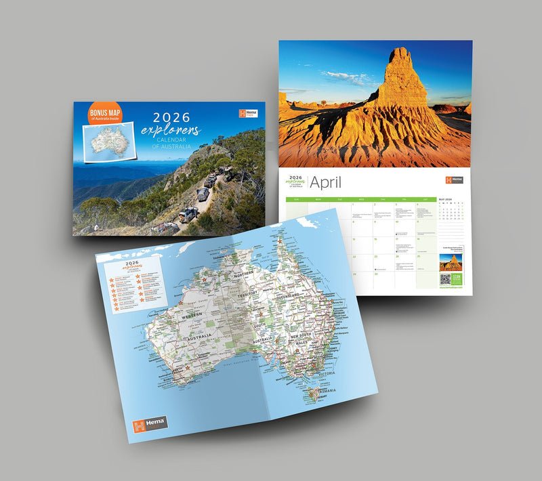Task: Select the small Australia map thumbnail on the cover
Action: pos(108,141)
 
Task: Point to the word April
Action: pos(326,182)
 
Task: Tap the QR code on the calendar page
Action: pos(445,278)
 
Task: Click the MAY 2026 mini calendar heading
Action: pos(447,199)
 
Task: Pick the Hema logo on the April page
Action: pos(454,180)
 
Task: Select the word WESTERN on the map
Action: pos(192,315)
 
